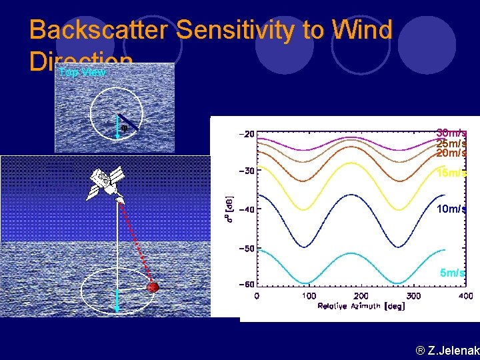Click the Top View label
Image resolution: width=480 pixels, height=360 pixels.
coord(81,72)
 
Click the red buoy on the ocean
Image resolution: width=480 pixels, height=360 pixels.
coord(153,287)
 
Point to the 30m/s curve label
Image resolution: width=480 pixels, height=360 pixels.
coord(451,133)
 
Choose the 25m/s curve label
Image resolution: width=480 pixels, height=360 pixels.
coord(451,143)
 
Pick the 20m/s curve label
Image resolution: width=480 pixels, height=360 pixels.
coord(451,153)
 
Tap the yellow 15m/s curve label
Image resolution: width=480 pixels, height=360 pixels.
coord(451,174)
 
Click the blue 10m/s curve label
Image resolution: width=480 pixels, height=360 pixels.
coord(451,209)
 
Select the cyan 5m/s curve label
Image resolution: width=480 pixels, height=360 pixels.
coord(452,273)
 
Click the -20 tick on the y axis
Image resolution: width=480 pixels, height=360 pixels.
coord(246,134)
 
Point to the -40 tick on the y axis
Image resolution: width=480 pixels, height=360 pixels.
coord(246,210)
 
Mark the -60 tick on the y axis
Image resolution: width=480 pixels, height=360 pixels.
coord(246,285)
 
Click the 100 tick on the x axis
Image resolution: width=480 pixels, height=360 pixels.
coord(309,295)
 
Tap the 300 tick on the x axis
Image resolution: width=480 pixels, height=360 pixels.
coord(413,295)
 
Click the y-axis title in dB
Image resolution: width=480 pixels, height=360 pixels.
coord(229,209)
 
